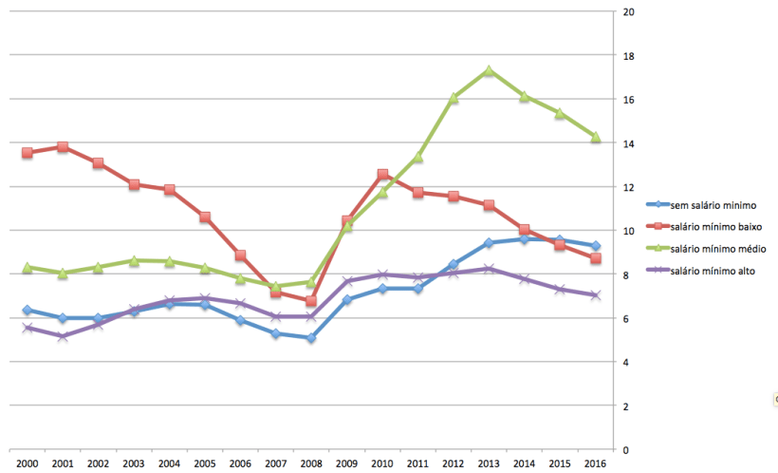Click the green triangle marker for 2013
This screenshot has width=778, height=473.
pos(489,71)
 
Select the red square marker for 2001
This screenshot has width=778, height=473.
pos(63,147)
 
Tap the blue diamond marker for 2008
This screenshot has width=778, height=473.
pos(311,338)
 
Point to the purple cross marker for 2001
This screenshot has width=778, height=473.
pos(63,336)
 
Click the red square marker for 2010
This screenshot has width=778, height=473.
pos(382,175)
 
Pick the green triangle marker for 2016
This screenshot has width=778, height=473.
pos(596,137)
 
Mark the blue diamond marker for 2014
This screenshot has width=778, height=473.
pos(525,239)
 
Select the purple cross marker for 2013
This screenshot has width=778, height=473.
pos(489,269)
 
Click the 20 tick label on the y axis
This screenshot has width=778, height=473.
pos(627,12)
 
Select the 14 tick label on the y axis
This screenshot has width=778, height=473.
pos(627,143)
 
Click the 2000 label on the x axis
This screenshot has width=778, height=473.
pos(28,463)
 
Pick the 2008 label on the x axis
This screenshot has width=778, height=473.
pos(311,463)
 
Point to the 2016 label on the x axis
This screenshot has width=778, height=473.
pos(596,463)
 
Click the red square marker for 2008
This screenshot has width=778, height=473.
pos(311,301)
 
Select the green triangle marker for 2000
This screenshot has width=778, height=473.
pos(28,268)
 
